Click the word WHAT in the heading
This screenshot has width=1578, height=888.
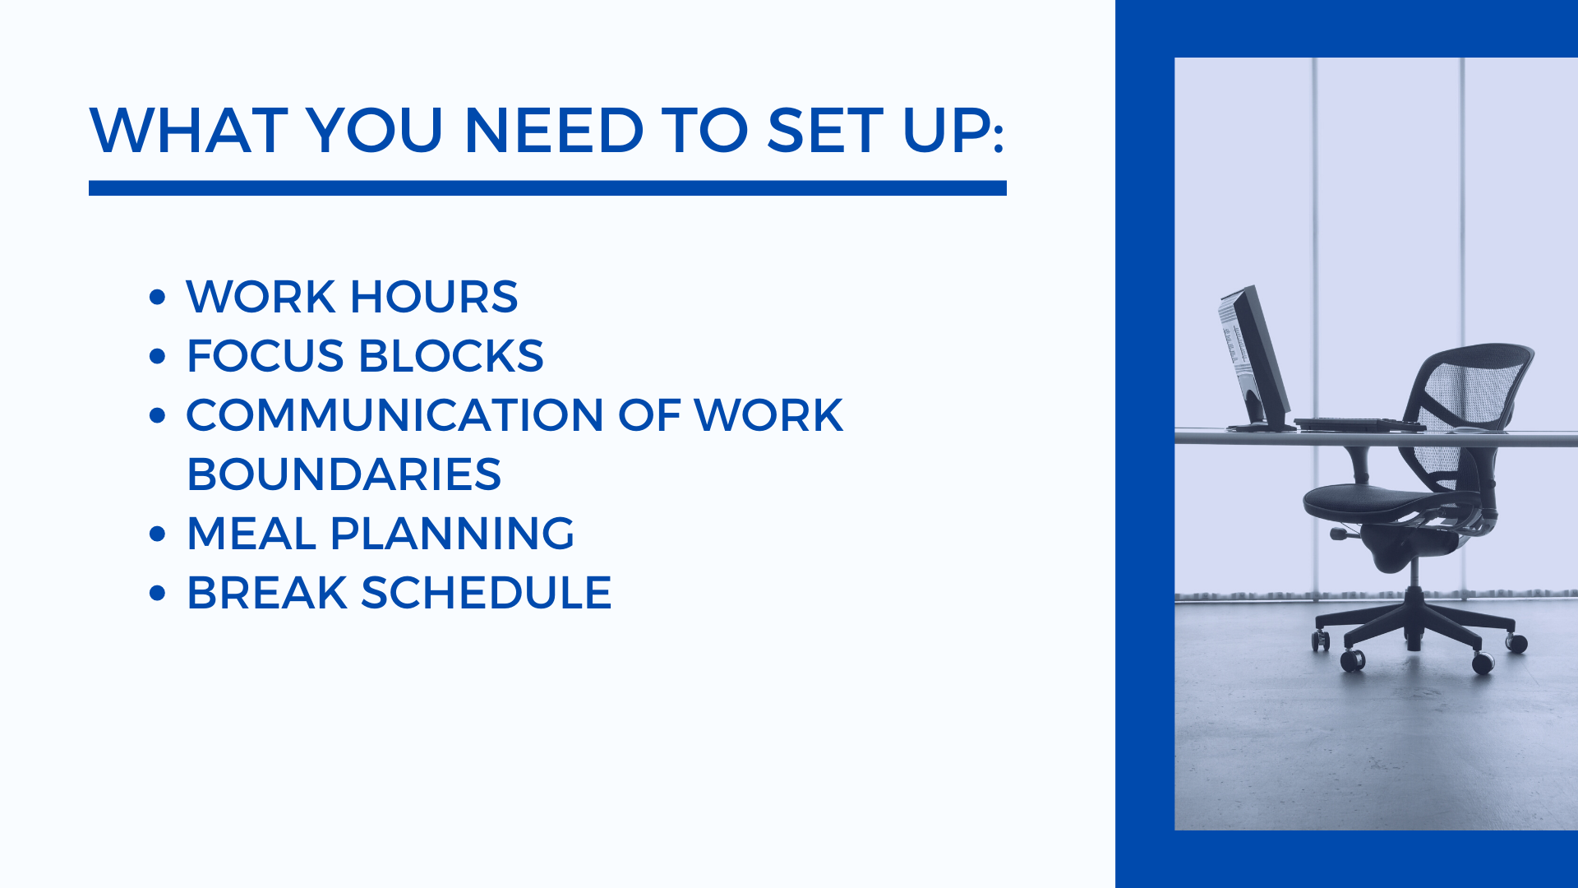pos(188,131)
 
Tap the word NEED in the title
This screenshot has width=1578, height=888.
pos(554,131)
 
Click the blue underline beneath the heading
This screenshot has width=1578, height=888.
pos(547,188)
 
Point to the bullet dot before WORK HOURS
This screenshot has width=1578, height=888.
pos(158,297)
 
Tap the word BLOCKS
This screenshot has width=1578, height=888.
pos(451,356)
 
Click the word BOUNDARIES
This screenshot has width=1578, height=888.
pos(344,474)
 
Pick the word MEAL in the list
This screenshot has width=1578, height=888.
pos(251,534)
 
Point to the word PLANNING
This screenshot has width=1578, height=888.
pos(452,534)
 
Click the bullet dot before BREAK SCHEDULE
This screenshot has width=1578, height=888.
pos(158,593)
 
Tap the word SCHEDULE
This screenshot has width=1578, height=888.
pos(487,593)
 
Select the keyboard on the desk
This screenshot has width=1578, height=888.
pos(1360,424)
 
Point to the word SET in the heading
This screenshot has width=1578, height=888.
pos(825,131)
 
